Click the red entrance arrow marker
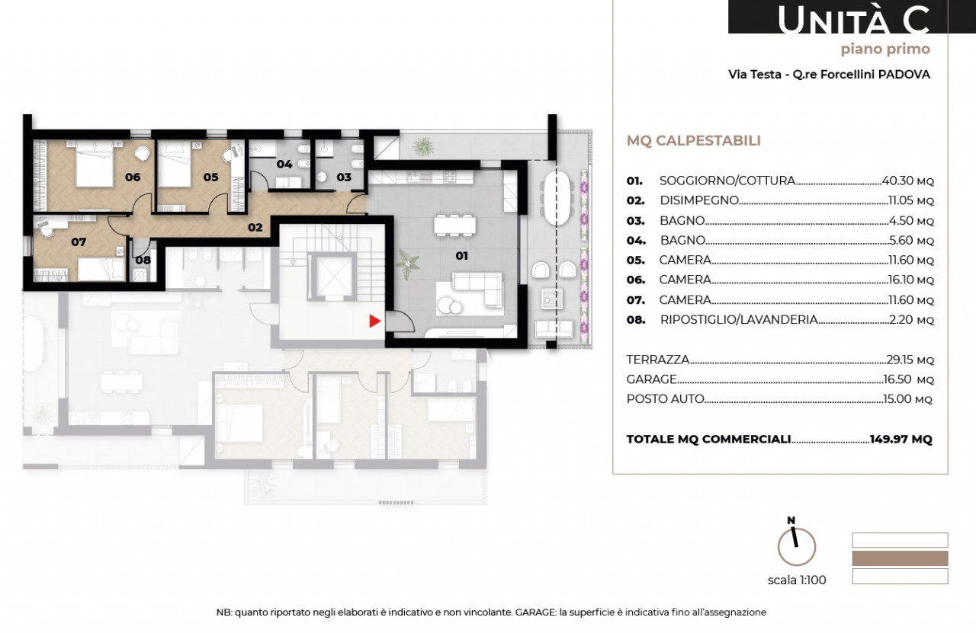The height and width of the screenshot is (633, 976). pyautogui.click(x=374, y=321)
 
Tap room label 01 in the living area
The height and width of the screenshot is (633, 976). pyautogui.click(x=462, y=256)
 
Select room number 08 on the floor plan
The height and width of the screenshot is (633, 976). pyautogui.click(x=143, y=261)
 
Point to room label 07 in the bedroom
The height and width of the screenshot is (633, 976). pyautogui.click(x=79, y=242)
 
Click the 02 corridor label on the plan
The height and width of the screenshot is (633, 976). pyautogui.click(x=255, y=227)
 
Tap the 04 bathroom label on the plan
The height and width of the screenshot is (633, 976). pyautogui.click(x=284, y=164)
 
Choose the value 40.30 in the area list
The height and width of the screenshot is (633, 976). pyautogui.click(x=897, y=181)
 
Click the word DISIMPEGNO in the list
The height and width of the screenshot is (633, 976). pyautogui.click(x=699, y=200)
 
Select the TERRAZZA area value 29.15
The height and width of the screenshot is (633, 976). pyautogui.click(x=900, y=360)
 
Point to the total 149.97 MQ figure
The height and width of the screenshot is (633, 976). pyautogui.click(x=901, y=439)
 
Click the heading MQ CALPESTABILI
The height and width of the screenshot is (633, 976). pyautogui.click(x=694, y=141)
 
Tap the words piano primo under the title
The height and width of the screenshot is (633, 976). pyautogui.click(x=885, y=50)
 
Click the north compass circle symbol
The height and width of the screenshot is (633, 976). pyautogui.click(x=797, y=547)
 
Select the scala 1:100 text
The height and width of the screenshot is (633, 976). pyautogui.click(x=797, y=580)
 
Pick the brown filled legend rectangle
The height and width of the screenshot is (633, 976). pyautogui.click(x=901, y=558)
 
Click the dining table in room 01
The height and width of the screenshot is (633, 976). pyautogui.click(x=455, y=225)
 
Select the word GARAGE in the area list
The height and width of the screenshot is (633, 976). pyautogui.click(x=651, y=379)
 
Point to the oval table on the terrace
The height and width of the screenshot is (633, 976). pyautogui.click(x=557, y=197)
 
